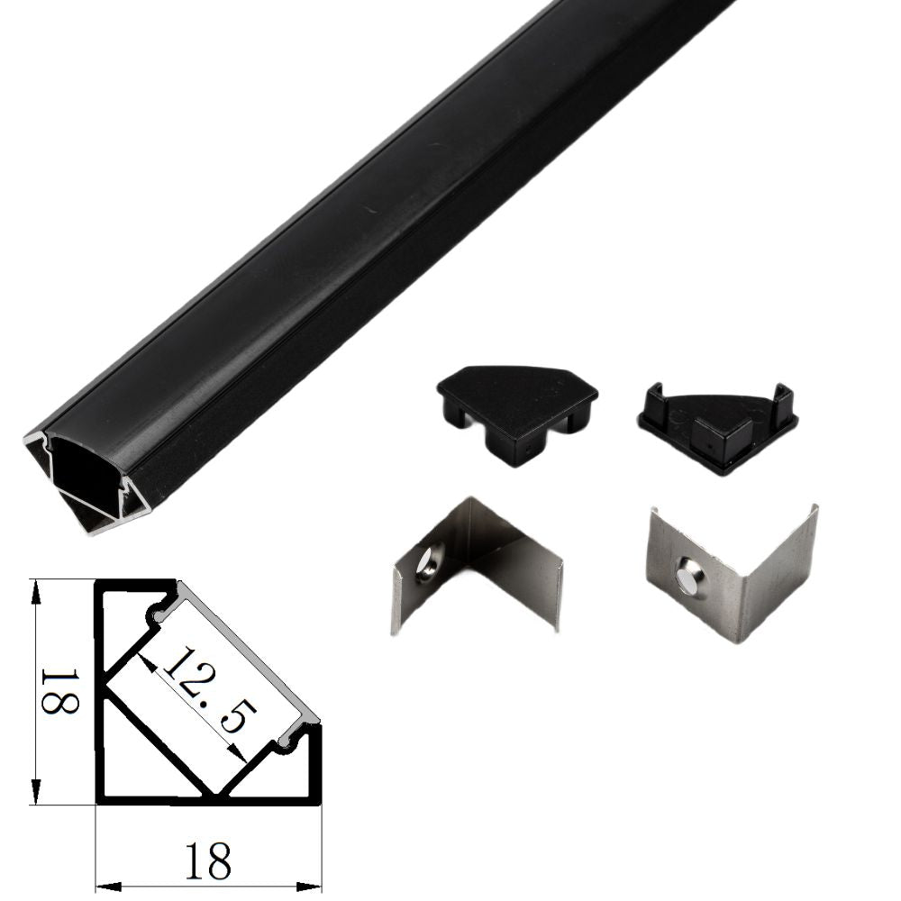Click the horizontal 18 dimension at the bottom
208,860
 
